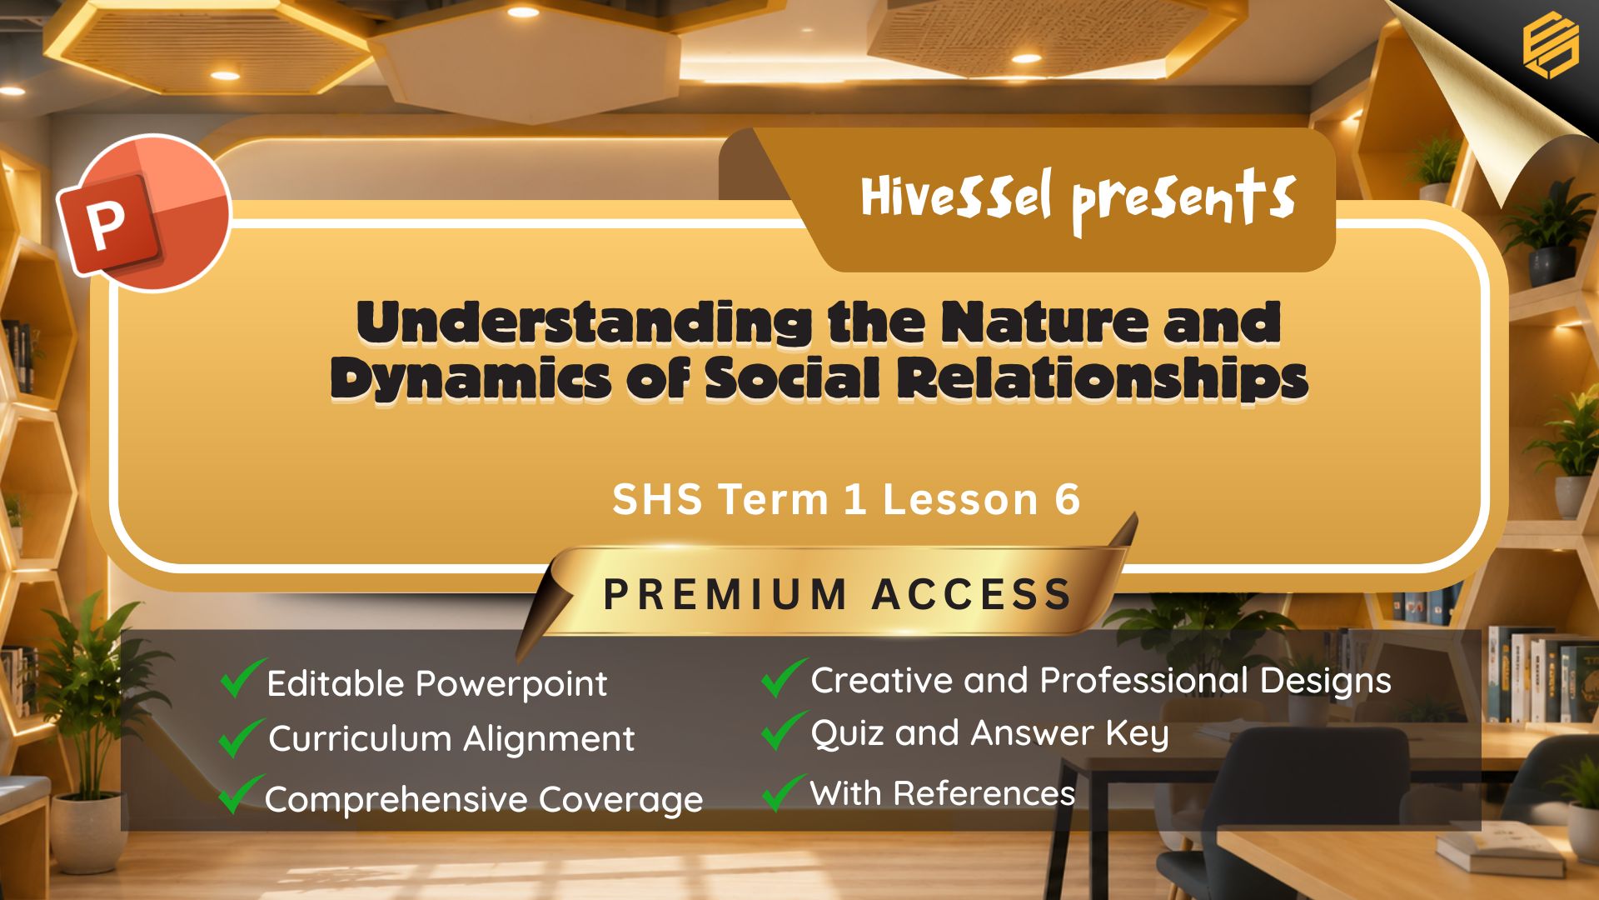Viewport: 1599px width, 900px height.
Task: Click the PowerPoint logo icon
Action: click(143, 212)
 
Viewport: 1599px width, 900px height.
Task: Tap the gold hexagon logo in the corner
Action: click(1550, 47)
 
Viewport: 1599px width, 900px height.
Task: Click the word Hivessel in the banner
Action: click(956, 197)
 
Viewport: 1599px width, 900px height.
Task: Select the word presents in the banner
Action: click(1183, 200)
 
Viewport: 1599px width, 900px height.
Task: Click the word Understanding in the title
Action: click(584, 322)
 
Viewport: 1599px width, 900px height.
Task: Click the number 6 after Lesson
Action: click(1067, 499)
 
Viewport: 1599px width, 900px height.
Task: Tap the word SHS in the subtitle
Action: click(659, 499)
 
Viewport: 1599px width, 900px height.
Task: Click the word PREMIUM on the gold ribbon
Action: click(725, 594)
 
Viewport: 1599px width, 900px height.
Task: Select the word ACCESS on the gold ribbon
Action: click(971, 594)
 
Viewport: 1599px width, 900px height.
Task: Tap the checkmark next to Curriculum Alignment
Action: click(241, 737)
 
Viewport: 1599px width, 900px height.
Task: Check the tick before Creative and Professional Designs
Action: click(784, 677)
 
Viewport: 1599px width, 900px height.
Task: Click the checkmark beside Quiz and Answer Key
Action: click(784, 730)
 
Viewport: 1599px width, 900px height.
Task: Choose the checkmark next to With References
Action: click(784, 792)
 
